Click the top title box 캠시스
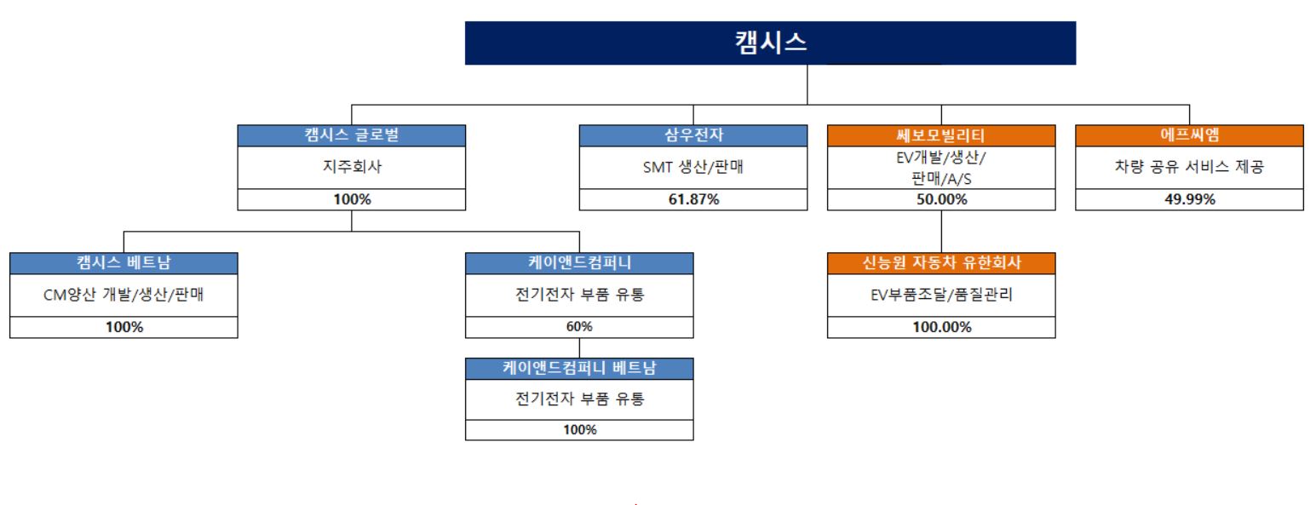coord(770,43)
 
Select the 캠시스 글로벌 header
coord(352,135)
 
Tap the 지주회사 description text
coord(352,167)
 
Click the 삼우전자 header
coord(693,135)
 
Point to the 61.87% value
coord(693,200)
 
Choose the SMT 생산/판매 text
coord(693,167)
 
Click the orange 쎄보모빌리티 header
coord(941,135)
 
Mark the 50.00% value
coord(941,200)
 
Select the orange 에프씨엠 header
coord(1189,135)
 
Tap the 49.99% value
coord(1189,200)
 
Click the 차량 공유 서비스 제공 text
coord(1189,167)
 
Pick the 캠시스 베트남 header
coord(124,263)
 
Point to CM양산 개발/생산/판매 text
coord(124,296)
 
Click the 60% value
coord(579,328)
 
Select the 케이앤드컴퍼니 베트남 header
coord(579,369)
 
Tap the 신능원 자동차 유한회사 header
coord(941,263)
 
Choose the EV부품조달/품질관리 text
coord(941,296)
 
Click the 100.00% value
coord(941,328)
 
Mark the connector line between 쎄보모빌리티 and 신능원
coord(941,231)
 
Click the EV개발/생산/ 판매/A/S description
coord(941,167)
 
